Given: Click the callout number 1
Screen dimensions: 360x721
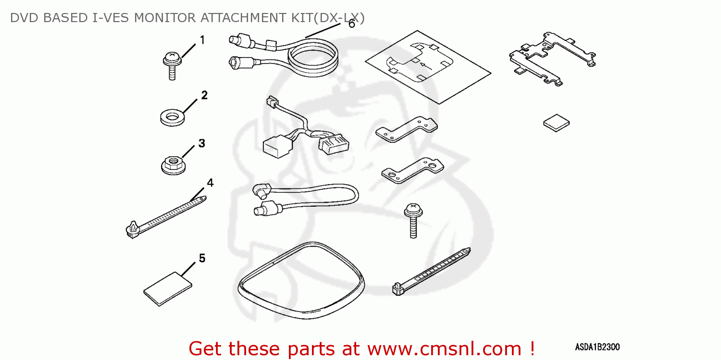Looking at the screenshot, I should pyautogui.click(x=202, y=40).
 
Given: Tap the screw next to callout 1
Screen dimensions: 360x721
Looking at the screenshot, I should pyautogui.click(x=172, y=65).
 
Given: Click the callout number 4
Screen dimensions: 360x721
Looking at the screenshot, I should pyautogui.click(x=210, y=183).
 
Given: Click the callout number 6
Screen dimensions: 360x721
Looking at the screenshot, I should pyautogui.click(x=351, y=24).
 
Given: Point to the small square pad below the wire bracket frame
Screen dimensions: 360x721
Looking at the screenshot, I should pyautogui.click(x=557, y=123).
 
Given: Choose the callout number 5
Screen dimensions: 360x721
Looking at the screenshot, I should pyautogui.click(x=202, y=259).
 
